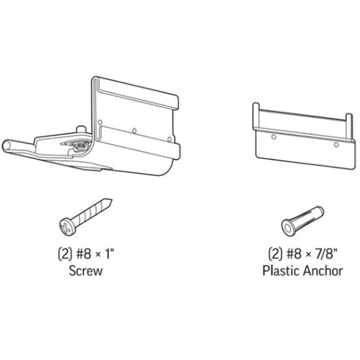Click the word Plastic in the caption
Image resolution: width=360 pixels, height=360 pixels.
coord(280,271)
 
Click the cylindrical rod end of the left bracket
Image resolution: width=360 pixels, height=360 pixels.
coord(10,148)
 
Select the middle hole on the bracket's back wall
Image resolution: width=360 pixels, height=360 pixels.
coord(134,129)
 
